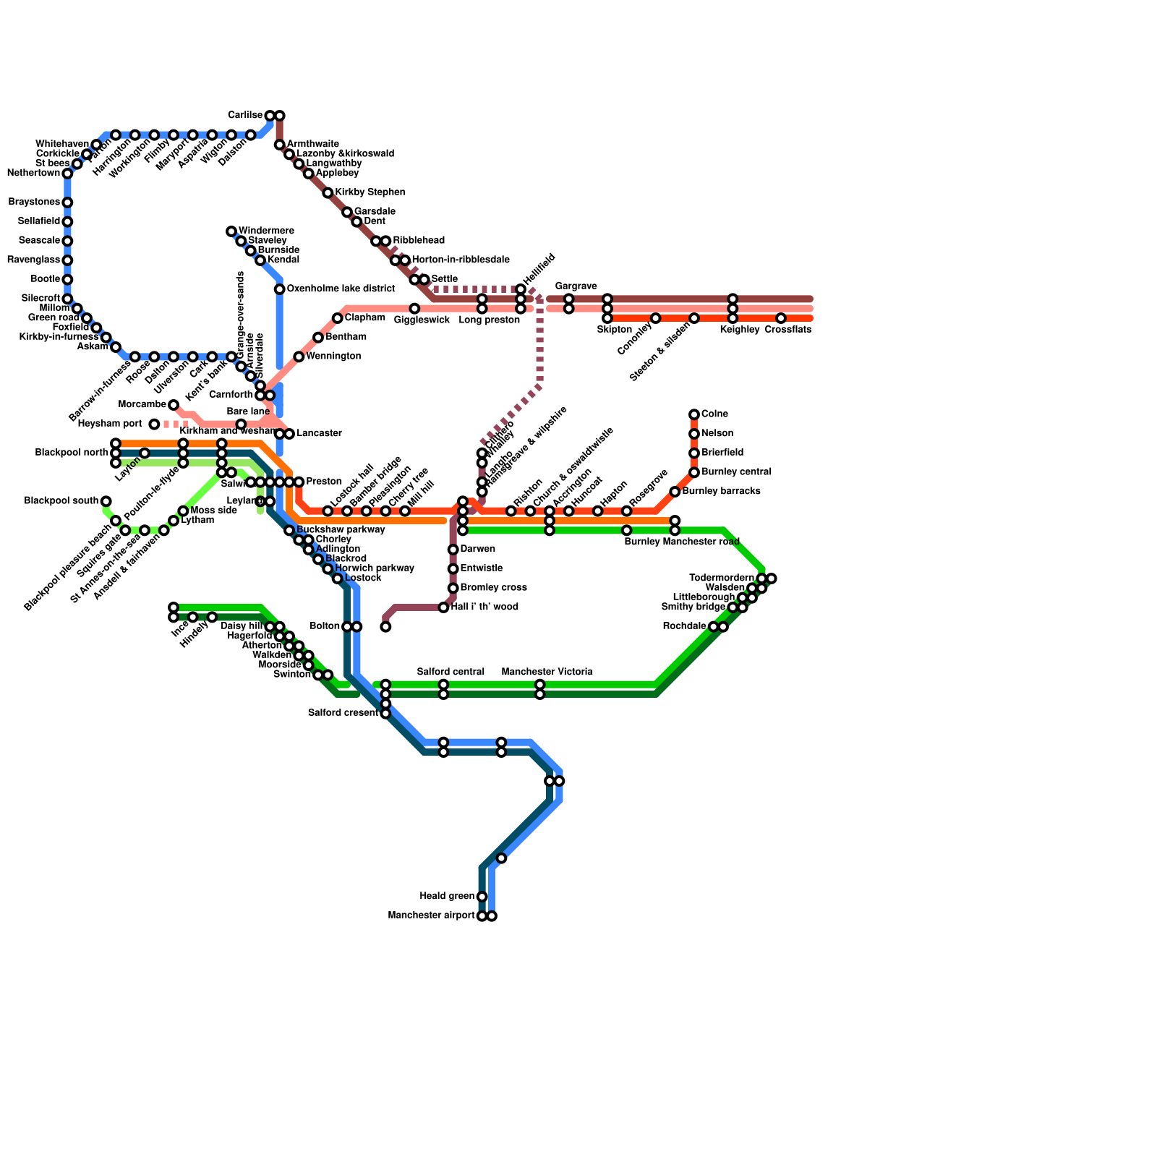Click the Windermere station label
[x=265, y=231]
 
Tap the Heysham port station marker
[x=154, y=424]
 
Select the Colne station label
[x=714, y=414]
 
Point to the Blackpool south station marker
[x=106, y=501]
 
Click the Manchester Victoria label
[x=547, y=673]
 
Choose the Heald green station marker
[x=482, y=897]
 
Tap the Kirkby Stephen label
[x=370, y=193]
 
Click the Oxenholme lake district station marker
[x=279, y=289]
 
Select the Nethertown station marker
[x=67, y=174]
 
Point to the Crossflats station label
[x=787, y=330]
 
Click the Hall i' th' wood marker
[x=443, y=607]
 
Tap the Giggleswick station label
[x=422, y=320]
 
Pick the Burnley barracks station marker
[x=675, y=492]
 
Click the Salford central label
[x=451, y=673]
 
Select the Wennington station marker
[x=299, y=357]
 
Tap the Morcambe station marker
[x=174, y=405]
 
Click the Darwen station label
[x=477, y=550]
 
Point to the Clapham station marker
[x=337, y=318]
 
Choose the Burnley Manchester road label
[x=681, y=542]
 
